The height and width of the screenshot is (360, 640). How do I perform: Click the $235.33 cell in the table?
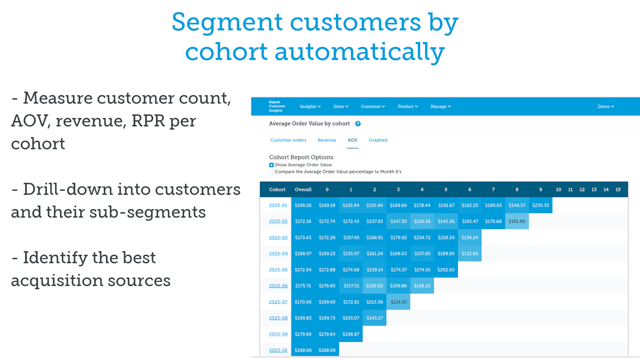540,205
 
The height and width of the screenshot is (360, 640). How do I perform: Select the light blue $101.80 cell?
517,221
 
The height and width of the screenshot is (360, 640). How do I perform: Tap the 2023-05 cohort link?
278,269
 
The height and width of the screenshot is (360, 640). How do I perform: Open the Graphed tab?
378,140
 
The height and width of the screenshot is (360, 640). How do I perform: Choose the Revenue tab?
327,140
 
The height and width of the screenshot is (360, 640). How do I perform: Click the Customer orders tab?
288,140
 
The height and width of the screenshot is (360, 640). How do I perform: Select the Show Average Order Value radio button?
271,164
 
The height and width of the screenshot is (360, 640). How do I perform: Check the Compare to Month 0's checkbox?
271,171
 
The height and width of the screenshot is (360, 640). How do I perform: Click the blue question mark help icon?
358,123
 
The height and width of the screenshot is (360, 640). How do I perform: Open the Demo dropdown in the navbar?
605,106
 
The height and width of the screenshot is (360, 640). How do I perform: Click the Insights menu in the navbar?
310,106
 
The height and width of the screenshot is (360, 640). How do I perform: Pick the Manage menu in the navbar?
440,106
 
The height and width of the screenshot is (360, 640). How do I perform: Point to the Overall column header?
303,189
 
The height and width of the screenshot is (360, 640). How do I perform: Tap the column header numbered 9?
540,189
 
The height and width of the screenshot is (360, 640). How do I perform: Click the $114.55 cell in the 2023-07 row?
398,302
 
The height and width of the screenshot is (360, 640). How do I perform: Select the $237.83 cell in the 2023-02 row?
374,221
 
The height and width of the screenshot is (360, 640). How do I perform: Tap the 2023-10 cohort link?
278,350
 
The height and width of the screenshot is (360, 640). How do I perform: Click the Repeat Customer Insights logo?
277,106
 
